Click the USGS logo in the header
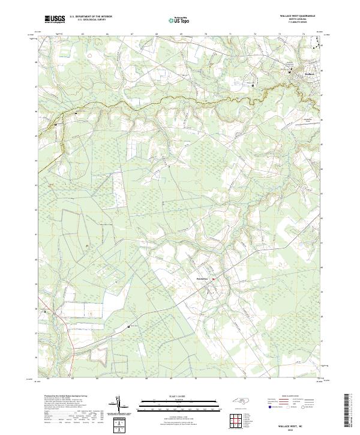click(55, 20)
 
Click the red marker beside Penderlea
click(213, 278)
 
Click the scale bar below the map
click(178, 403)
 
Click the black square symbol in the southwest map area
click(129, 326)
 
